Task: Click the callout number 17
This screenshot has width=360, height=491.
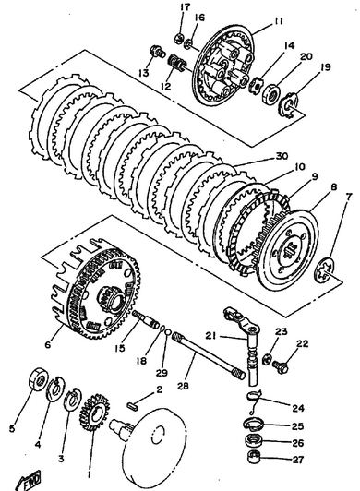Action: pos(186,6)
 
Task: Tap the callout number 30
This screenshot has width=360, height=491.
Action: pos(282,156)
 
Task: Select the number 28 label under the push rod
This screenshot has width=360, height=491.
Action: pos(183,386)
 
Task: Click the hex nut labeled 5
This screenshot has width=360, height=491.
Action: pos(38,379)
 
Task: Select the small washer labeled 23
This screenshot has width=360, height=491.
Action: pos(267,358)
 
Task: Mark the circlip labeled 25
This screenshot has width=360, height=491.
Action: pos(254,425)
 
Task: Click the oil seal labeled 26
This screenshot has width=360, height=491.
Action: pos(253,441)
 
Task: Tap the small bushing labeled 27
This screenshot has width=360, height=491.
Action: pos(254,458)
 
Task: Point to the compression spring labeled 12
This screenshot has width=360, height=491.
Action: pos(176,63)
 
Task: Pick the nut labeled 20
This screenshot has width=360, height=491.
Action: pos(270,92)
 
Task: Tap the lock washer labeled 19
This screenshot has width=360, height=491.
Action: pos(288,106)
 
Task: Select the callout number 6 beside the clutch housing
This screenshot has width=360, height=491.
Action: pos(48,345)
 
